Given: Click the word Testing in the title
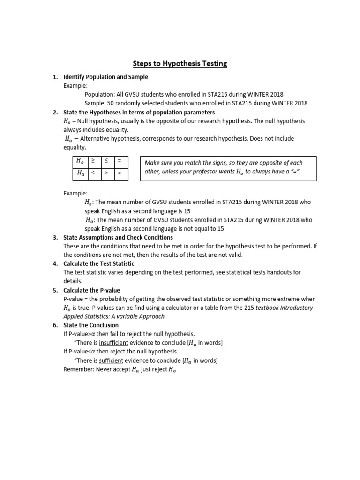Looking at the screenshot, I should coord(209,64).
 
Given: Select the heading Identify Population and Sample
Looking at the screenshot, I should coord(105,77).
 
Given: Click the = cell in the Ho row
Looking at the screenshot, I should coord(120,161).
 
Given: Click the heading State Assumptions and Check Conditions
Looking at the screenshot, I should coord(118,237).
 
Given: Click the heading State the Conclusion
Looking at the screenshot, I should coord(91,325).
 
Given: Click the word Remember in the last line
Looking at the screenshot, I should coord(78,369).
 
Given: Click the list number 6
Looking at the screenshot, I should coord(55,325).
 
